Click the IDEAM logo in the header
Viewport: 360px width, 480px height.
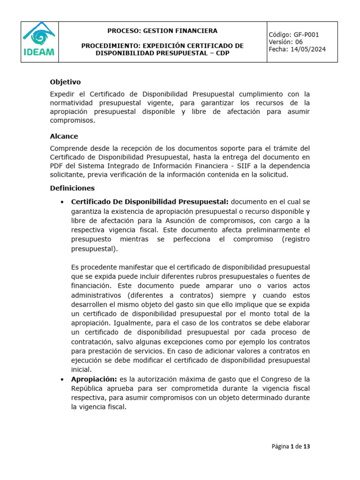(x=39, y=42)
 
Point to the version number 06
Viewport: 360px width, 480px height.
(x=299, y=42)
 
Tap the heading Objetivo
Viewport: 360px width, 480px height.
(x=65, y=82)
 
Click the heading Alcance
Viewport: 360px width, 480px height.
(x=64, y=136)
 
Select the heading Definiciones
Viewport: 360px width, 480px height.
(x=72, y=188)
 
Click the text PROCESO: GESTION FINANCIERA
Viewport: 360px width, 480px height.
(x=162, y=31)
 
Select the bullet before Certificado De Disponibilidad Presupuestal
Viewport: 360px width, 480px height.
(x=62, y=202)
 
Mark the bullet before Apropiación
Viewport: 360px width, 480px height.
(x=62, y=379)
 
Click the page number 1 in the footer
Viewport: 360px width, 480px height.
(x=292, y=447)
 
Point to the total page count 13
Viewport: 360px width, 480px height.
(x=307, y=447)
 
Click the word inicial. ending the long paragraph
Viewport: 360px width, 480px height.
(x=81, y=369)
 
